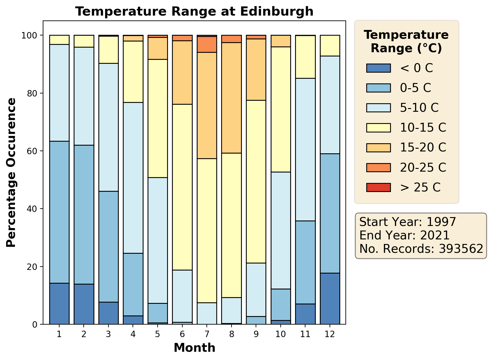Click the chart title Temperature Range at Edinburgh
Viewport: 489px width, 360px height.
[x=194, y=12]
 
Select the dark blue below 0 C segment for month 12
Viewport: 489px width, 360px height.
[x=330, y=298]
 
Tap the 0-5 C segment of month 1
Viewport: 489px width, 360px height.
[x=59, y=212]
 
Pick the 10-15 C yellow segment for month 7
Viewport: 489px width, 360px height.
[x=207, y=231]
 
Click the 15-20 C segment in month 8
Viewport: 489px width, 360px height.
[x=232, y=98]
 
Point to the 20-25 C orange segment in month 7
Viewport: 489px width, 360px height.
[x=207, y=44]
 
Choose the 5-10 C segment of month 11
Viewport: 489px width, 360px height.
[x=305, y=149]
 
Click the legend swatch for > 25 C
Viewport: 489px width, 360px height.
[x=378, y=187]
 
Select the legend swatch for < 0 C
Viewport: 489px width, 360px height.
[x=378, y=68]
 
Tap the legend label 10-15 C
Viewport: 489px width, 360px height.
[x=423, y=128]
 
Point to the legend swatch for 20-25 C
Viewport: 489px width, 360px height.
[x=378, y=167]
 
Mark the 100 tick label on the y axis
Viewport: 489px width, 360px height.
[x=34, y=35]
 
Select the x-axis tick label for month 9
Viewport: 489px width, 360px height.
[x=256, y=334]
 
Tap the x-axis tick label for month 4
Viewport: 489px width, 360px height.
[x=133, y=334]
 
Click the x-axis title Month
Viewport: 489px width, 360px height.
[x=194, y=348]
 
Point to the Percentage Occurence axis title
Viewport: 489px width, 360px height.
[x=11, y=173]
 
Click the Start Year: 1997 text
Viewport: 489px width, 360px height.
[x=407, y=222]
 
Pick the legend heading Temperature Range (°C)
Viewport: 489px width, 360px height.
[x=406, y=42]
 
